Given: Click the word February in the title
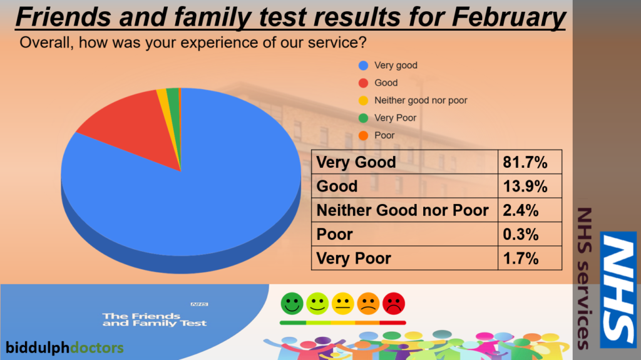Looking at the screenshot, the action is click(508, 18).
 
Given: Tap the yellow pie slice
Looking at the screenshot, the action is click(165, 106).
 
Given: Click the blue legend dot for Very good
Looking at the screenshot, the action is click(363, 66).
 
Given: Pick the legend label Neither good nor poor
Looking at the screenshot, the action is click(421, 100).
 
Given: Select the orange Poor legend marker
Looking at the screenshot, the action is click(363, 135).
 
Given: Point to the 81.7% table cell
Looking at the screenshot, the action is click(530, 162).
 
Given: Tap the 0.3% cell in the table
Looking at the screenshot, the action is click(530, 234).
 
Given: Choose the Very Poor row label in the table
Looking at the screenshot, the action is click(354, 259).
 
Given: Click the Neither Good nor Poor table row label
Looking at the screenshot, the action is click(403, 210).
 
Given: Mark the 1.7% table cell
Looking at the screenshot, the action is click(530, 258).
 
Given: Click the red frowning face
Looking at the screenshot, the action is click(394, 304).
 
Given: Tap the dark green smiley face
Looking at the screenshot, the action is click(292, 304).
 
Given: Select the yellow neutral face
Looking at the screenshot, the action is click(342, 304).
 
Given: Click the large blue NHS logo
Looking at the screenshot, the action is click(618, 290).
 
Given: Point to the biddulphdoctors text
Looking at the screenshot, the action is click(64, 347).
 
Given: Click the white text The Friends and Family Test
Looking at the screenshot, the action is click(155, 319).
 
